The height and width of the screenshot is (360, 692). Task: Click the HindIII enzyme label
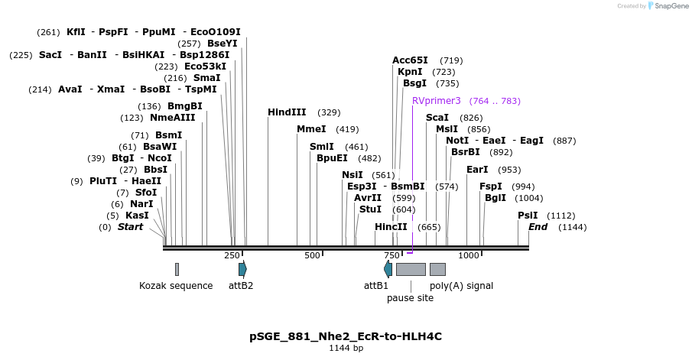click(x=287, y=112)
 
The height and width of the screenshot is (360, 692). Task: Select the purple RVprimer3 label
click(x=437, y=101)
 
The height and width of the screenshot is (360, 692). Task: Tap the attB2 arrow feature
click(x=242, y=269)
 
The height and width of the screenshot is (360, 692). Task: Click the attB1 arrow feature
click(x=388, y=269)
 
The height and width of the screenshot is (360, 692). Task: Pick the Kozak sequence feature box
click(x=177, y=269)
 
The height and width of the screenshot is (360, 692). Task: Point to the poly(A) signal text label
click(x=461, y=286)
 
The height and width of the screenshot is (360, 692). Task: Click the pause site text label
click(x=410, y=298)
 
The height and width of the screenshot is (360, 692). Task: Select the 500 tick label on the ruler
click(x=312, y=255)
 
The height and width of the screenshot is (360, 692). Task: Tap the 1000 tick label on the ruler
click(x=469, y=255)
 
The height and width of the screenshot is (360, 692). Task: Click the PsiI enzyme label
click(x=528, y=216)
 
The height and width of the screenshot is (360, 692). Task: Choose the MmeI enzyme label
click(x=311, y=129)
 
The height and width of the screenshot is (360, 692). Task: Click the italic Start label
click(x=130, y=227)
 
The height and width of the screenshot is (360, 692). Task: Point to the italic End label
click(x=538, y=227)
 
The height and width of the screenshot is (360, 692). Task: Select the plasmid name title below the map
click(x=346, y=336)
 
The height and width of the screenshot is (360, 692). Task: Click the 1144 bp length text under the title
click(x=346, y=349)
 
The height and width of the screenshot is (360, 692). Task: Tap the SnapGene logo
click(x=668, y=6)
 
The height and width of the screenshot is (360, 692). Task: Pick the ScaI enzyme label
click(x=437, y=118)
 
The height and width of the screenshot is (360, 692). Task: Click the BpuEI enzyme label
click(x=332, y=158)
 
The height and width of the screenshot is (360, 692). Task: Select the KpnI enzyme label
click(x=410, y=72)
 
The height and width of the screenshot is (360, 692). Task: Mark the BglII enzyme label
click(x=495, y=198)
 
